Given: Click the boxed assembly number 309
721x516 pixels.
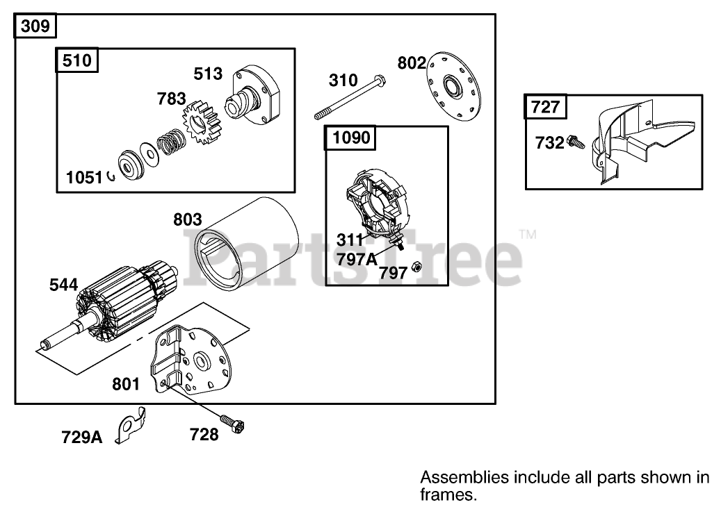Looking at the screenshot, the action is coord(35,27).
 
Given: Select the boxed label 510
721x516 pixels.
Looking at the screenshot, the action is coord(76,60).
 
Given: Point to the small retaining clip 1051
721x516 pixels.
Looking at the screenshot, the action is coord(111,177).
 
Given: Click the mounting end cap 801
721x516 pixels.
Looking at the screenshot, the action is coord(199,361).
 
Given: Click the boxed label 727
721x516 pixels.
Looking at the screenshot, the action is coord(546,107).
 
